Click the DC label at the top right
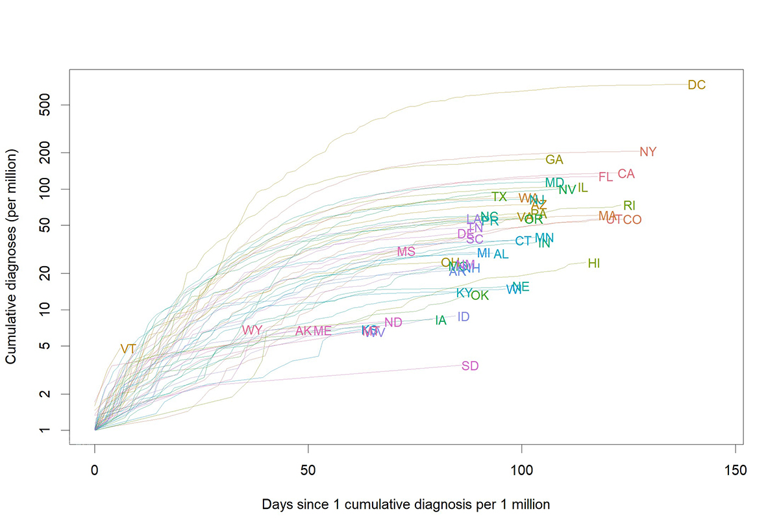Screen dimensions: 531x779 coord(696,85)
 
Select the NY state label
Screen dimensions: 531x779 coord(648,152)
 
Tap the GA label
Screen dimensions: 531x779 coord(554,160)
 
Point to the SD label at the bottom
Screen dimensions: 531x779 coord(470,366)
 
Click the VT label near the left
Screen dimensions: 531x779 coord(128,349)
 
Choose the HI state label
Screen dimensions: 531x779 coord(593,264)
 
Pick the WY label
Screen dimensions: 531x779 coord(252,330)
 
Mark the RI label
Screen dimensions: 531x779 coord(629,206)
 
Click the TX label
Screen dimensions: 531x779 coord(499,197)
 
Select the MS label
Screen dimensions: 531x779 coord(406,252)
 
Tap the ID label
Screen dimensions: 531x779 coord(464,317)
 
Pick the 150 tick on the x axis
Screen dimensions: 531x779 coord(735,469)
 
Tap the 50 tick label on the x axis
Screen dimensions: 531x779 coord(308,469)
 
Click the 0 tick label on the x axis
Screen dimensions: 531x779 coord(95,469)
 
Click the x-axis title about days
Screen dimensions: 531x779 coord(406,504)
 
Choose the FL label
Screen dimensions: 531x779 coord(605,177)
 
